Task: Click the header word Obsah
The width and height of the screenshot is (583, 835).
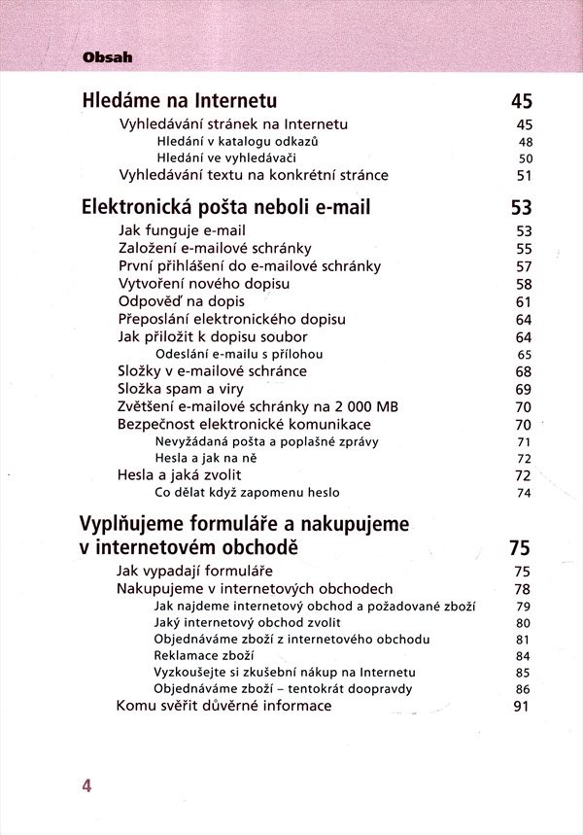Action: click(x=108, y=57)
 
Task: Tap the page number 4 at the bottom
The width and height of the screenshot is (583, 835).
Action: click(x=86, y=785)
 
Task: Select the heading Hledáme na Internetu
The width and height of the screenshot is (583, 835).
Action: click(x=181, y=101)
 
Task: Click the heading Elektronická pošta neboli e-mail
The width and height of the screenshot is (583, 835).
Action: click(x=226, y=207)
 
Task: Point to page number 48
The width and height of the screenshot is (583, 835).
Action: click(x=526, y=141)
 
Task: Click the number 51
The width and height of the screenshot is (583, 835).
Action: click(x=525, y=176)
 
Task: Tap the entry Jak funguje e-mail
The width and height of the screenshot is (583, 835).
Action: click(x=182, y=231)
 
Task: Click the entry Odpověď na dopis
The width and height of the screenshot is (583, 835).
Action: click(x=182, y=301)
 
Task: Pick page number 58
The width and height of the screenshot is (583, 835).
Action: click(x=525, y=284)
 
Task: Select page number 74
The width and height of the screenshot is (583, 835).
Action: click(x=525, y=493)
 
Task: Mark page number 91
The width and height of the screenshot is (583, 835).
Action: click(x=521, y=707)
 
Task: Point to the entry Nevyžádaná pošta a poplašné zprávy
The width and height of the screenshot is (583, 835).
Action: click(x=266, y=441)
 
